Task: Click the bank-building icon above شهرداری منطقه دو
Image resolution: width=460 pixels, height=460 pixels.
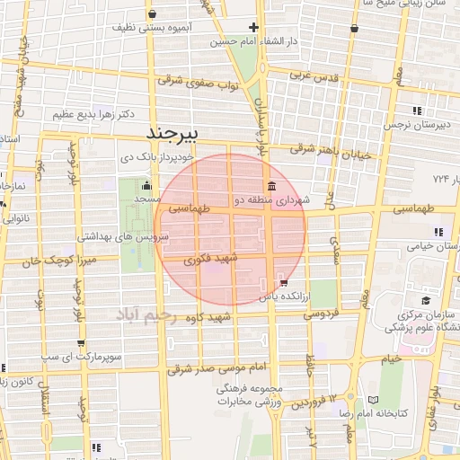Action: tap(271, 186)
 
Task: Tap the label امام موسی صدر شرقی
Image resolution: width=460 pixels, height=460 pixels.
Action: tap(220, 367)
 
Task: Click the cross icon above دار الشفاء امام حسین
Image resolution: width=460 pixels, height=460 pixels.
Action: tap(254, 27)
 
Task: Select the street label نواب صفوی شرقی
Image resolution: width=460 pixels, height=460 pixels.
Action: tap(196, 82)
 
